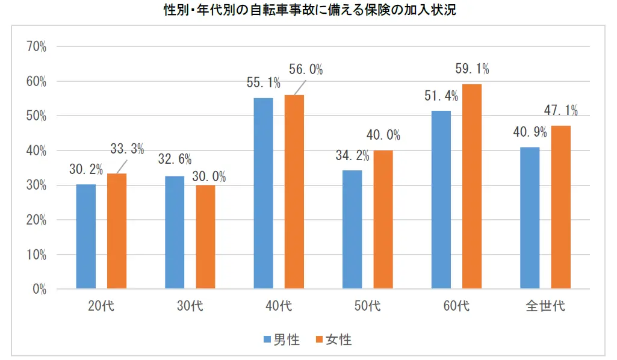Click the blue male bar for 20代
[85, 237]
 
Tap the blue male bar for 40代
[263, 193]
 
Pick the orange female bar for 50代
[383, 220]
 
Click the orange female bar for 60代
[472, 187]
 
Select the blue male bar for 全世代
[530, 218]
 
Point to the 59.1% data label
[472, 69]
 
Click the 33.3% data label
[126, 150]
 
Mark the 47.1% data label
[561, 110]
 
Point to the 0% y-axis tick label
[40, 290]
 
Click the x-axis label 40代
[278, 306]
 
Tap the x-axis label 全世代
[545, 306]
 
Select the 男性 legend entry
[282, 340]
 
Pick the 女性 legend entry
[333, 340]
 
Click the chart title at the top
[308, 11]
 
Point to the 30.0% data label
[209, 176]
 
